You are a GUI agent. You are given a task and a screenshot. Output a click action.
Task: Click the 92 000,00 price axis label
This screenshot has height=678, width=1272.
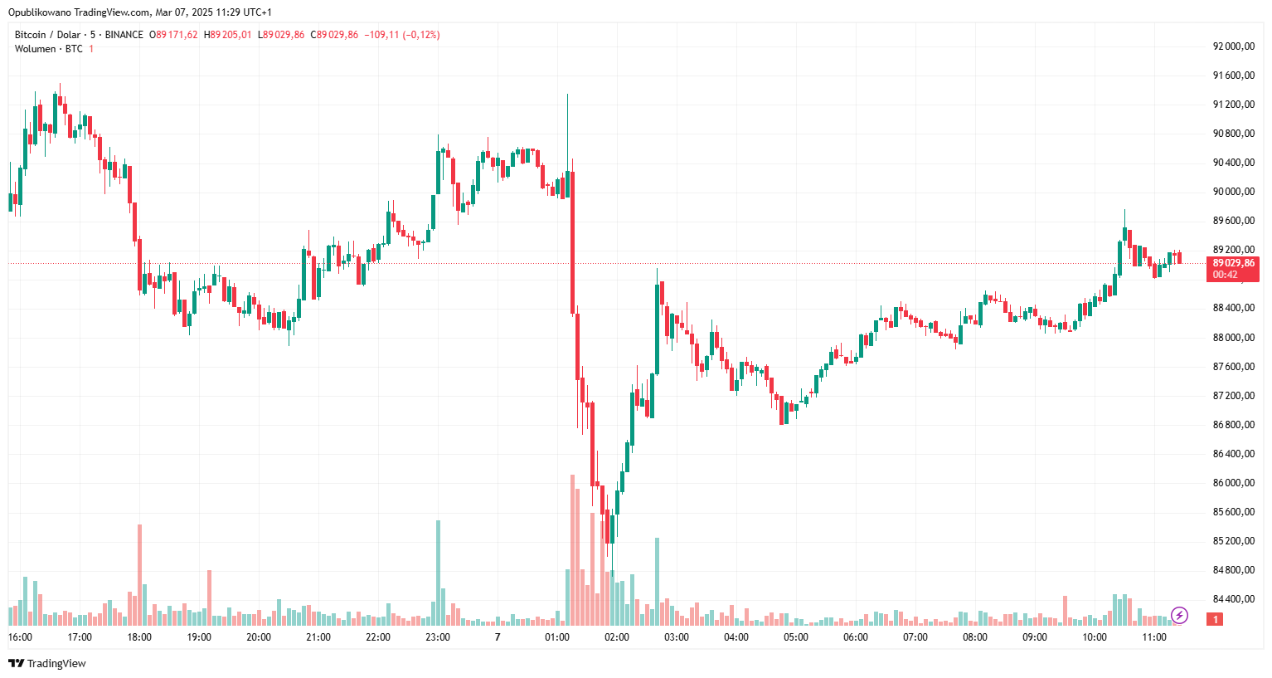click(x=1233, y=46)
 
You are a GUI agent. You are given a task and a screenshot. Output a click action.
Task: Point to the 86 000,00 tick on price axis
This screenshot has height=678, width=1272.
click(x=1233, y=483)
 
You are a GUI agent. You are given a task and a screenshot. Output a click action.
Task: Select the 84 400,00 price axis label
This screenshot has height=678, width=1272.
click(x=1233, y=599)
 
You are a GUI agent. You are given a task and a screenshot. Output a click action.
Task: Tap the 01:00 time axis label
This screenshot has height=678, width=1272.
click(x=557, y=637)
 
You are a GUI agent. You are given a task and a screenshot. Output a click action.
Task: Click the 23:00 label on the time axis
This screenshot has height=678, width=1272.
click(x=438, y=637)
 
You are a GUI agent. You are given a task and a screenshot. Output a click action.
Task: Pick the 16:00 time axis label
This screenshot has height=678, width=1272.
click(x=20, y=637)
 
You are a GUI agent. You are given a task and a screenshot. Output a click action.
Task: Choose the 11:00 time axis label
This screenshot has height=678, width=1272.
click(x=1154, y=637)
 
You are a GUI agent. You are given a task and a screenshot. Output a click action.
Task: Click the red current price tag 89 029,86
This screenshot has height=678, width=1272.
click(x=1233, y=263)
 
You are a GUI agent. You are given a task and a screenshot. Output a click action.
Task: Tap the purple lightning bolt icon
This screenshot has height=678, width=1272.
click(x=1179, y=615)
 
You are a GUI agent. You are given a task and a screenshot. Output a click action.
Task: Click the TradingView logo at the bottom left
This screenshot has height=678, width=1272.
click(x=47, y=663)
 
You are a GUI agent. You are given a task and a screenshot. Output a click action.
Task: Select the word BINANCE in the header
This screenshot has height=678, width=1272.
click(x=124, y=35)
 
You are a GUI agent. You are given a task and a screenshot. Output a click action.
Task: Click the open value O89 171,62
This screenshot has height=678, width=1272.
click(x=173, y=35)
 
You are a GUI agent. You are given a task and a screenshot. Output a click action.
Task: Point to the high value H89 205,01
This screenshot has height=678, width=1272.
click(x=228, y=35)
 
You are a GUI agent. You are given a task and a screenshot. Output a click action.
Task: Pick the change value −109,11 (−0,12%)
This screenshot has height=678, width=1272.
click(x=404, y=35)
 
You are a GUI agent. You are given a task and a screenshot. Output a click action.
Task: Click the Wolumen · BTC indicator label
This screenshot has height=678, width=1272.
click(x=48, y=49)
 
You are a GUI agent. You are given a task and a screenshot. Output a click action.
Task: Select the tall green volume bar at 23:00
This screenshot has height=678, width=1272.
click(x=438, y=573)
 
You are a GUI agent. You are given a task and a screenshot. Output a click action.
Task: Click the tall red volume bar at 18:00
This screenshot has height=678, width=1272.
click(x=139, y=574)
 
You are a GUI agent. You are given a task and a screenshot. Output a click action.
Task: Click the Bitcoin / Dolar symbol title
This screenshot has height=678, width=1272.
click(x=47, y=35)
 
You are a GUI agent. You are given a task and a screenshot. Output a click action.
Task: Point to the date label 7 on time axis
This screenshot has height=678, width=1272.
click(x=498, y=637)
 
